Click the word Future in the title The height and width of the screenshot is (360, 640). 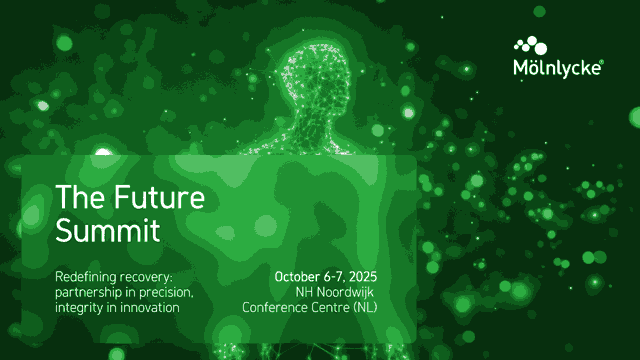tap(159, 198)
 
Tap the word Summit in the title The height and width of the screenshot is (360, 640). tap(107, 231)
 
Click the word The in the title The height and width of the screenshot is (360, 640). tap(80, 198)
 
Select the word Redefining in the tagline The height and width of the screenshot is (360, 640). tap(86, 277)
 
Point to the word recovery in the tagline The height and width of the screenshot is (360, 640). tap(145, 278)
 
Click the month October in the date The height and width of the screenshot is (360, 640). tap(297, 277)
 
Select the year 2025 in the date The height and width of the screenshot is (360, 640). tap(363, 277)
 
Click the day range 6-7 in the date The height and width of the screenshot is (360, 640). tap(334, 277)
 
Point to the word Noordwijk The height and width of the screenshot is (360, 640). tap(345, 292)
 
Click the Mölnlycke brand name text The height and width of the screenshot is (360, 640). tap(558, 68)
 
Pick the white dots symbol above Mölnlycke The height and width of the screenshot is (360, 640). tap(531, 45)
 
